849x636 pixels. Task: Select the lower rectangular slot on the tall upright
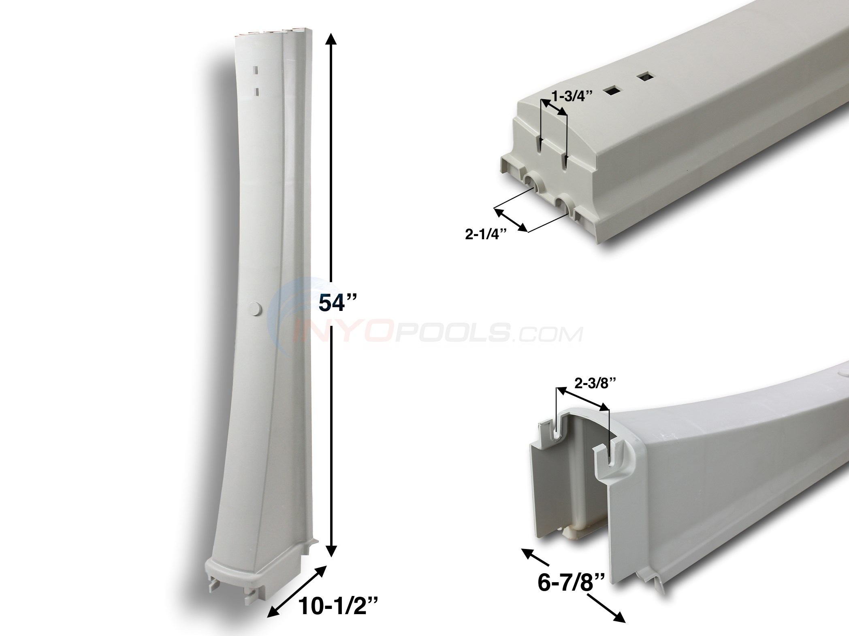pyautogui.click(x=256, y=91)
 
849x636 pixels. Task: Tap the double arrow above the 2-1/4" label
pyautogui.click(x=511, y=220)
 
